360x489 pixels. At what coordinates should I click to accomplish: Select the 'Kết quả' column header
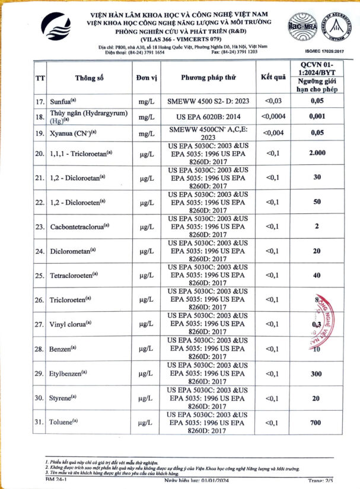(273, 78)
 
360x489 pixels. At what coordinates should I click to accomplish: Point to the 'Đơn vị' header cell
(145, 78)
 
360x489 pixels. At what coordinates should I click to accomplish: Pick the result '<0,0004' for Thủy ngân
(273, 116)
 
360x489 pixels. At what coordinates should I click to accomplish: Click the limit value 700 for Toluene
(317, 423)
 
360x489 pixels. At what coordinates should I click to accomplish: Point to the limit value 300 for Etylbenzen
(317, 374)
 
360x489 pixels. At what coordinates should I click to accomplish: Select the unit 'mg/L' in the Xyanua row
(145, 133)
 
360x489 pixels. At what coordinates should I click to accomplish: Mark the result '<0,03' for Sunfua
(273, 101)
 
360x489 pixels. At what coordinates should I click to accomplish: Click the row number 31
(40, 423)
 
